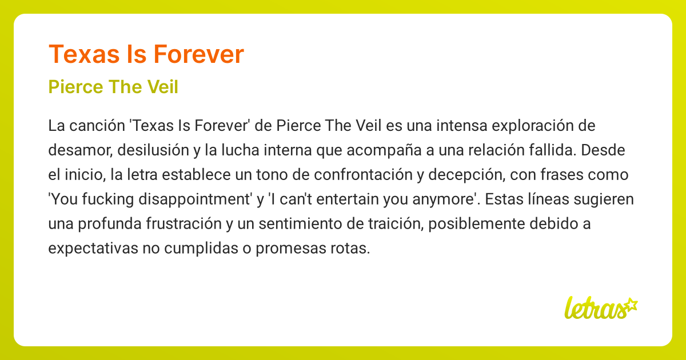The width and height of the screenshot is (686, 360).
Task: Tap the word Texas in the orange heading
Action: coord(80,54)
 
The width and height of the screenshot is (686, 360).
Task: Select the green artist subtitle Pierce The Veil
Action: coord(113,87)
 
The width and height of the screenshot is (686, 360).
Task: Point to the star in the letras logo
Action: coord(630,304)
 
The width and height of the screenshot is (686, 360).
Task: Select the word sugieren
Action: coord(599,199)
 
